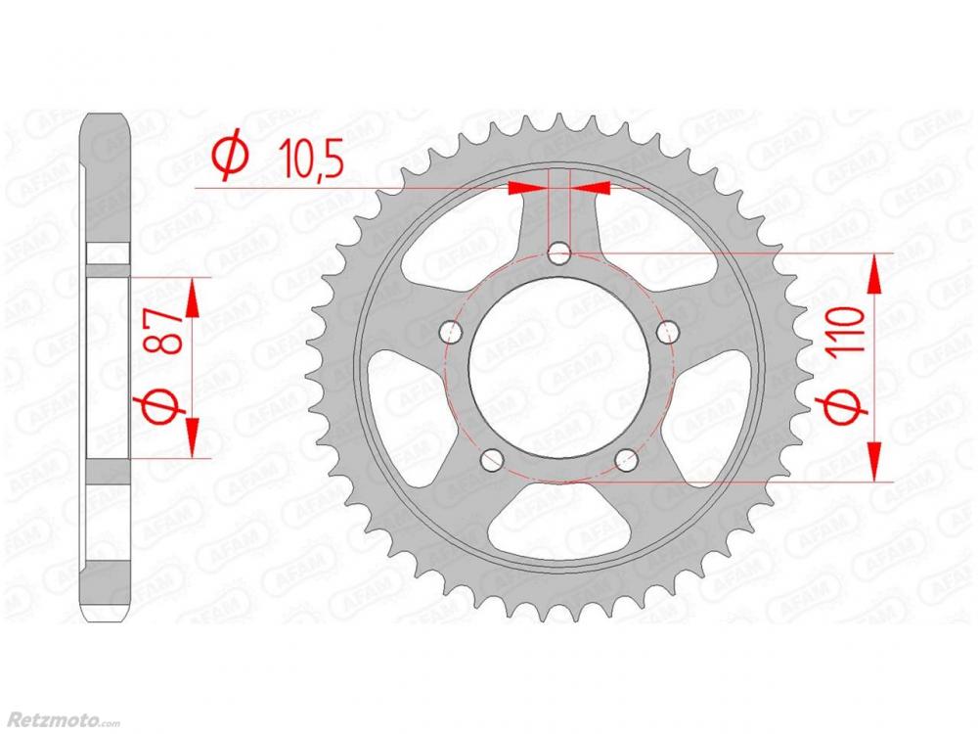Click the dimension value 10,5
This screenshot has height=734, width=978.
coord(311,158)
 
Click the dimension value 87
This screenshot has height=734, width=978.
coord(163,332)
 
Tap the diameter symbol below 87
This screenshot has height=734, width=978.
coord(162,405)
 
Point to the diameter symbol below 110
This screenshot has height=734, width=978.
coord(846,406)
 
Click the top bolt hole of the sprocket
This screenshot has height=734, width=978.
coord(558,254)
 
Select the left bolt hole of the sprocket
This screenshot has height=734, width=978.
coord(450,332)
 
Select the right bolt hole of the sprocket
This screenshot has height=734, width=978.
coord(667,332)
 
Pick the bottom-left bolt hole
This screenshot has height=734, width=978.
coord(492,460)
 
